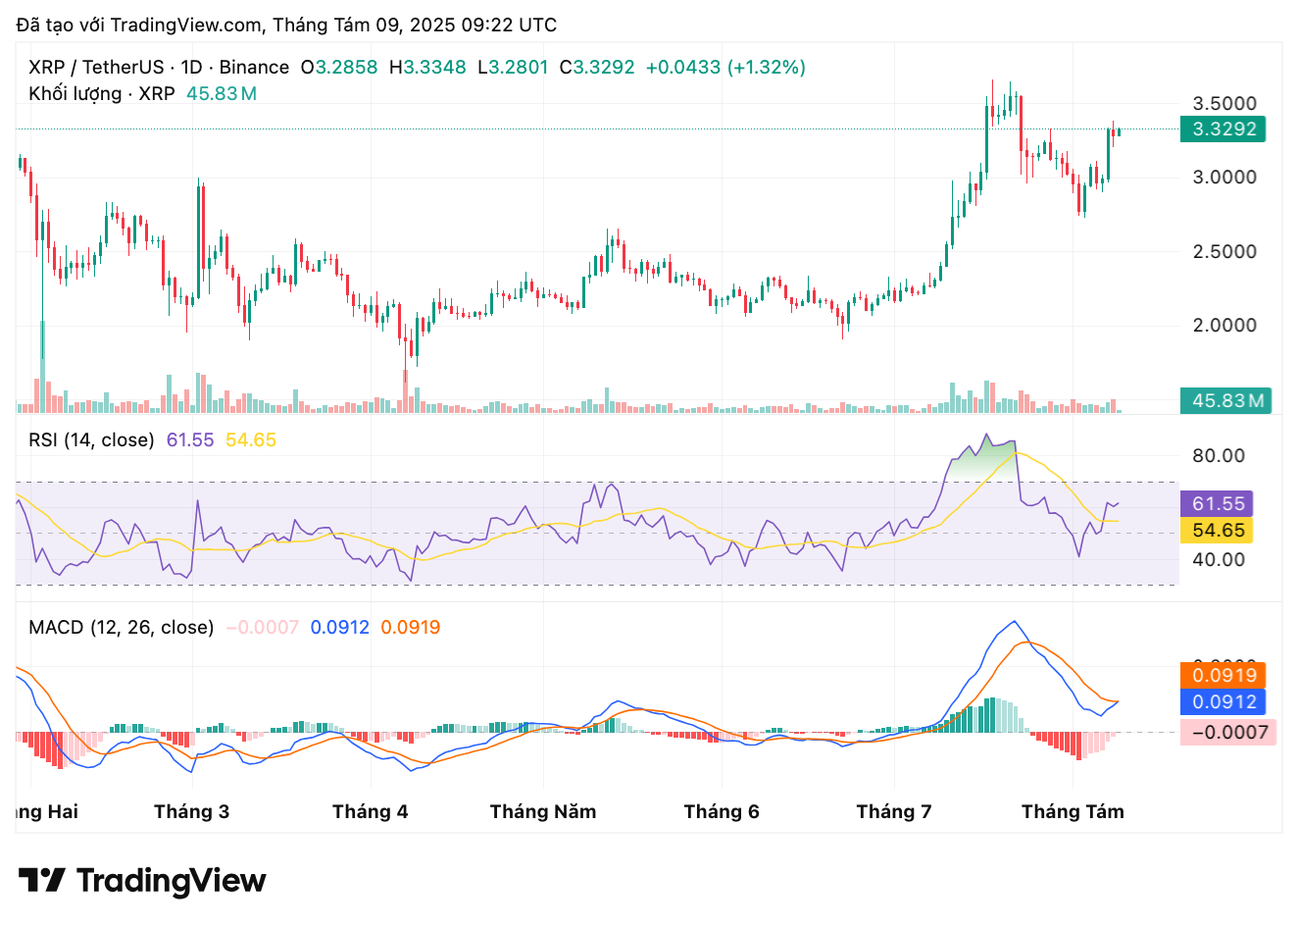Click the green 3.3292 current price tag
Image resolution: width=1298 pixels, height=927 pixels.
(1223, 129)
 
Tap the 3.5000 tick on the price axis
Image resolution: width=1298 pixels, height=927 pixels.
(1223, 104)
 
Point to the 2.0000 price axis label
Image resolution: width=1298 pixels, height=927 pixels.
(1223, 326)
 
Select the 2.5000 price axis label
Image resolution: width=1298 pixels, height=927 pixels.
(1223, 252)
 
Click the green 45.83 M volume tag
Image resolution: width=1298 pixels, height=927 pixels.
(1225, 401)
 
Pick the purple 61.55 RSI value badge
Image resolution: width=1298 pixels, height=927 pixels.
(1218, 504)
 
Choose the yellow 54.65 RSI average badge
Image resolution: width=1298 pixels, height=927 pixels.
(1218, 531)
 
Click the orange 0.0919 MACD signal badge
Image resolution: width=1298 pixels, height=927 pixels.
(1223, 676)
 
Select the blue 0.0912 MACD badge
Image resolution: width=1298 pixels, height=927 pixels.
(1223, 702)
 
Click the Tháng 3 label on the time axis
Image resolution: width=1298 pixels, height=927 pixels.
(191, 812)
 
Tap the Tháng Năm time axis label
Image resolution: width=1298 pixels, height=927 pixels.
(543, 812)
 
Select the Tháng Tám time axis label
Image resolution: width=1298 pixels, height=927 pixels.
(1073, 812)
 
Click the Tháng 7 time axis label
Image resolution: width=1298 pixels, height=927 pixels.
(894, 812)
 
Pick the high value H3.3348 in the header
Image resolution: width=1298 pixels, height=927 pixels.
(427, 68)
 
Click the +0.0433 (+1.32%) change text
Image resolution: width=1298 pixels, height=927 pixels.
(725, 68)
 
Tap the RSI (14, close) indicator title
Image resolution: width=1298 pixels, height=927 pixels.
(91, 440)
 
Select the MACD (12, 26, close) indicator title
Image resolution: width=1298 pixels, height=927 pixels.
(121, 628)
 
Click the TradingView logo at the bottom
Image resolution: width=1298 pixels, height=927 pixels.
(142, 881)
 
